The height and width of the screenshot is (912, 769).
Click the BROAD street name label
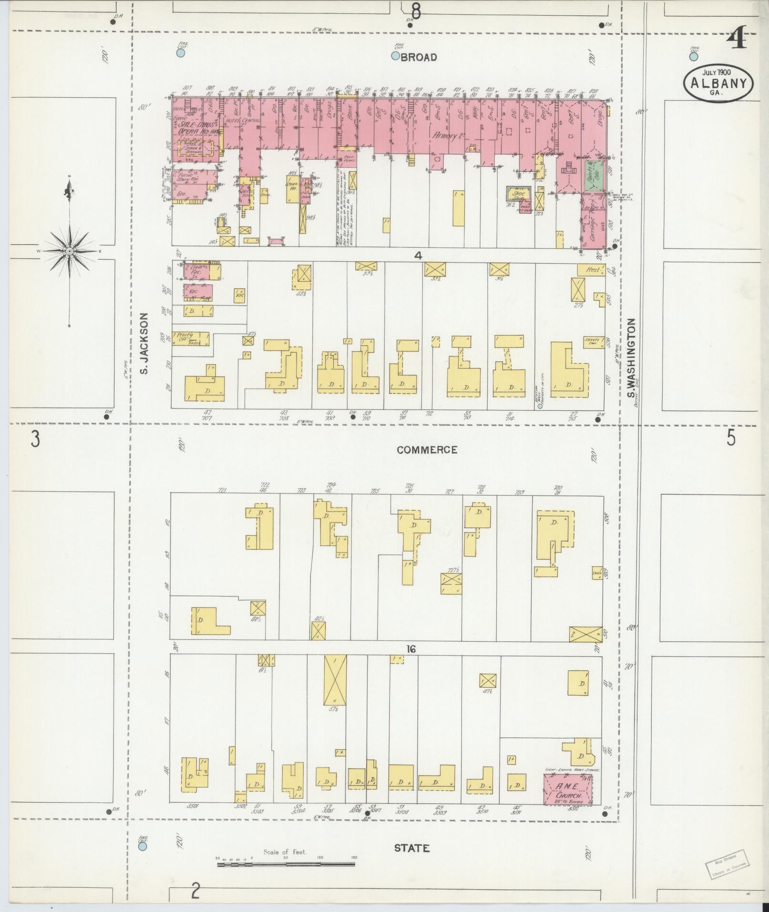[x=419, y=57]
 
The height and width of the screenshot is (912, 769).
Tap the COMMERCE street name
[x=427, y=450]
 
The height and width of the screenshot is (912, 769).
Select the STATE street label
[x=412, y=848]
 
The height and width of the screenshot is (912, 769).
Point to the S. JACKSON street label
[x=145, y=343]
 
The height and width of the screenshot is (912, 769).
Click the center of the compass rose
[x=70, y=251]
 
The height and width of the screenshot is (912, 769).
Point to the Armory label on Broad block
[x=448, y=135]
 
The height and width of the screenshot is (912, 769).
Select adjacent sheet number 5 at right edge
[x=731, y=438]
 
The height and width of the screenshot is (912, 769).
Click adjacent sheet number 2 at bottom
[x=195, y=890]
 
